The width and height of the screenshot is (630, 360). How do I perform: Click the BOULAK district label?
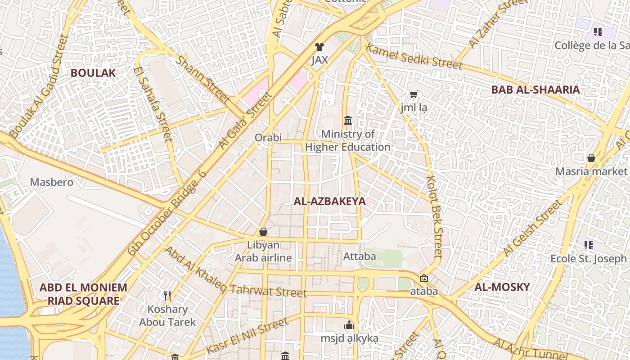[93, 73]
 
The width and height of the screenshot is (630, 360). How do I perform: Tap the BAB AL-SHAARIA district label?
[535, 90]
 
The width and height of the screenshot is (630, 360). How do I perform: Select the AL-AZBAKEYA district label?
[329, 201]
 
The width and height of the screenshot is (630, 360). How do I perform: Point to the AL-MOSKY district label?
[502, 287]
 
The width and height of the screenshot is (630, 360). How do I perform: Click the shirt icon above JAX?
[319, 46]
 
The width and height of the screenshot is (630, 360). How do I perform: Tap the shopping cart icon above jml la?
[414, 94]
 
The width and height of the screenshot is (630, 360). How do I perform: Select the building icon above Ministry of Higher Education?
[348, 120]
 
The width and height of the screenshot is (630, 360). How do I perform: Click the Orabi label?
[268, 137]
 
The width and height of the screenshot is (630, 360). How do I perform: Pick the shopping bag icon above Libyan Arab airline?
[263, 232]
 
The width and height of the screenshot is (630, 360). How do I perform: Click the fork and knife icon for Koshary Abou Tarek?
[167, 296]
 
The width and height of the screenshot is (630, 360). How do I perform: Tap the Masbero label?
[51, 182]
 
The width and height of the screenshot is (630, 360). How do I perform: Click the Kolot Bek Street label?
[435, 216]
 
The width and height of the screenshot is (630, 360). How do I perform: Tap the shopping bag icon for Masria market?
[591, 158]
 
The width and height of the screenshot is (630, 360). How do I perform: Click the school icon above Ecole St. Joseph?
[589, 245]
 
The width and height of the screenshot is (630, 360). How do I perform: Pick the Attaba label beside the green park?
[360, 256]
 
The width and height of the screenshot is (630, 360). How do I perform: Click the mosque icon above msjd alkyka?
[349, 325]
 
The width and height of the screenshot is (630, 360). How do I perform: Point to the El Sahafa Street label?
[153, 103]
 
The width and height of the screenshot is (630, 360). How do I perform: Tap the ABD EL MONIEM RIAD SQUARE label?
[83, 294]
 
